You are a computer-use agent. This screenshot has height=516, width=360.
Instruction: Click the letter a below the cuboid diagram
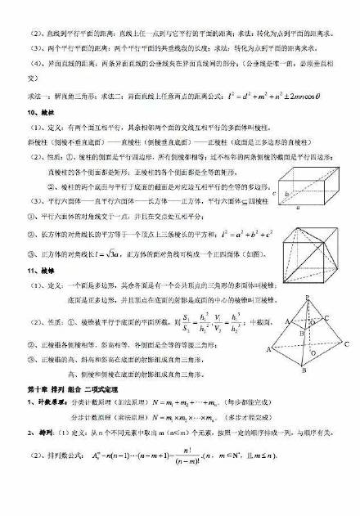(x=308, y=209)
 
